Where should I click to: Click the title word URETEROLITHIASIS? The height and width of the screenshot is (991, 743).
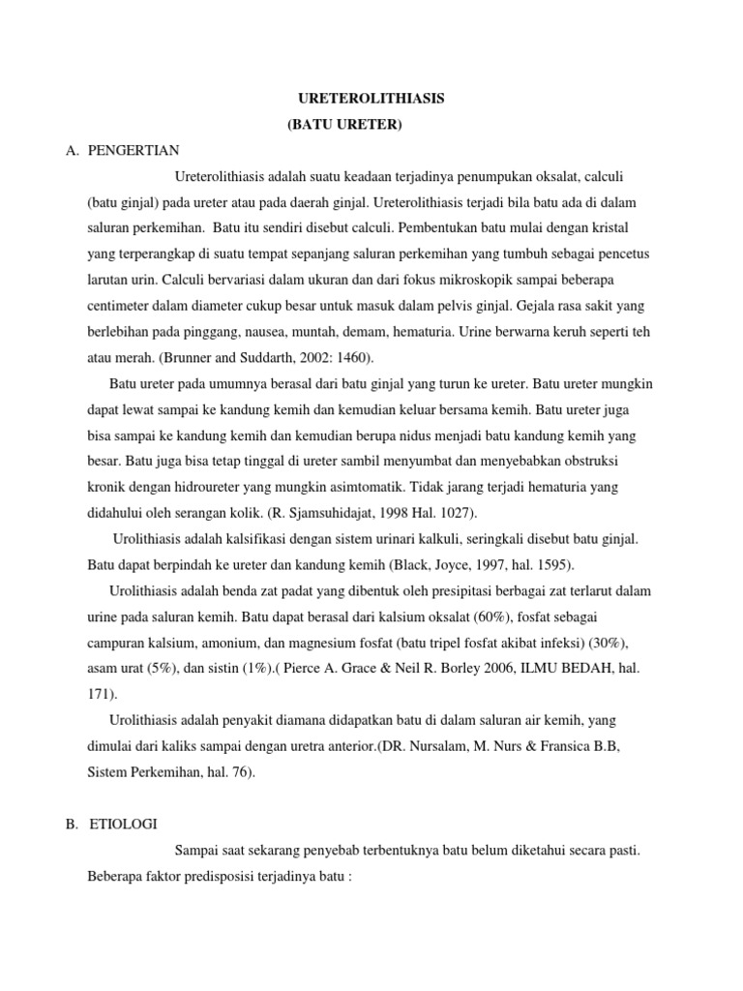pos(371,100)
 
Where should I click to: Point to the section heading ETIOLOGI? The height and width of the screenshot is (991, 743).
pos(123,824)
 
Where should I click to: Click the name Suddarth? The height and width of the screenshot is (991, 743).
pos(256,356)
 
